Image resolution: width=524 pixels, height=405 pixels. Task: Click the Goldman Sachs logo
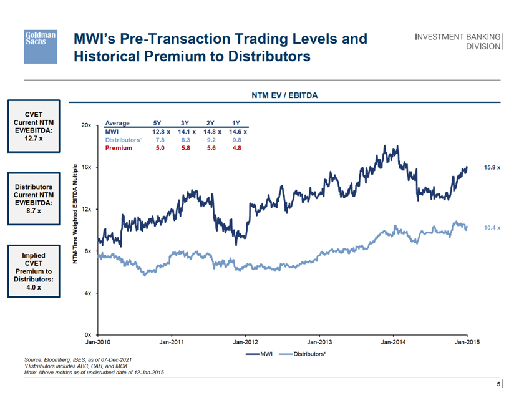(x=41, y=46)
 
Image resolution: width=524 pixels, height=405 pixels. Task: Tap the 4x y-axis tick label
(x=88, y=293)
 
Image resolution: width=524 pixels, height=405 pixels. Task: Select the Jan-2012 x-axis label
(x=245, y=342)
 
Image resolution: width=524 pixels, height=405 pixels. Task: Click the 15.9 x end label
(x=492, y=168)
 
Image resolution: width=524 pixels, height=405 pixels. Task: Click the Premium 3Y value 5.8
(x=185, y=148)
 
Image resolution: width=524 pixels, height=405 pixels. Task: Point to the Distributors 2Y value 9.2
(x=210, y=140)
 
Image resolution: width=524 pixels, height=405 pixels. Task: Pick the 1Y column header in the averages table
(x=236, y=123)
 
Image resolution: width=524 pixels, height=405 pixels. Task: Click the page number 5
(x=498, y=384)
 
